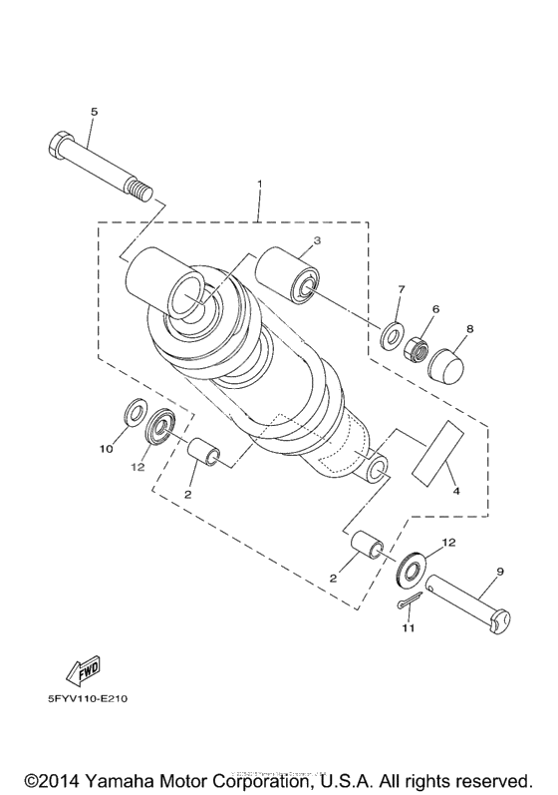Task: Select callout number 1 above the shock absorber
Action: (x=260, y=186)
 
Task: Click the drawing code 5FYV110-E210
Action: (x=82, y=698)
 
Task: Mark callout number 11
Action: (x=408, y=628)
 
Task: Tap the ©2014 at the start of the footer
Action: (x=54, y=778)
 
